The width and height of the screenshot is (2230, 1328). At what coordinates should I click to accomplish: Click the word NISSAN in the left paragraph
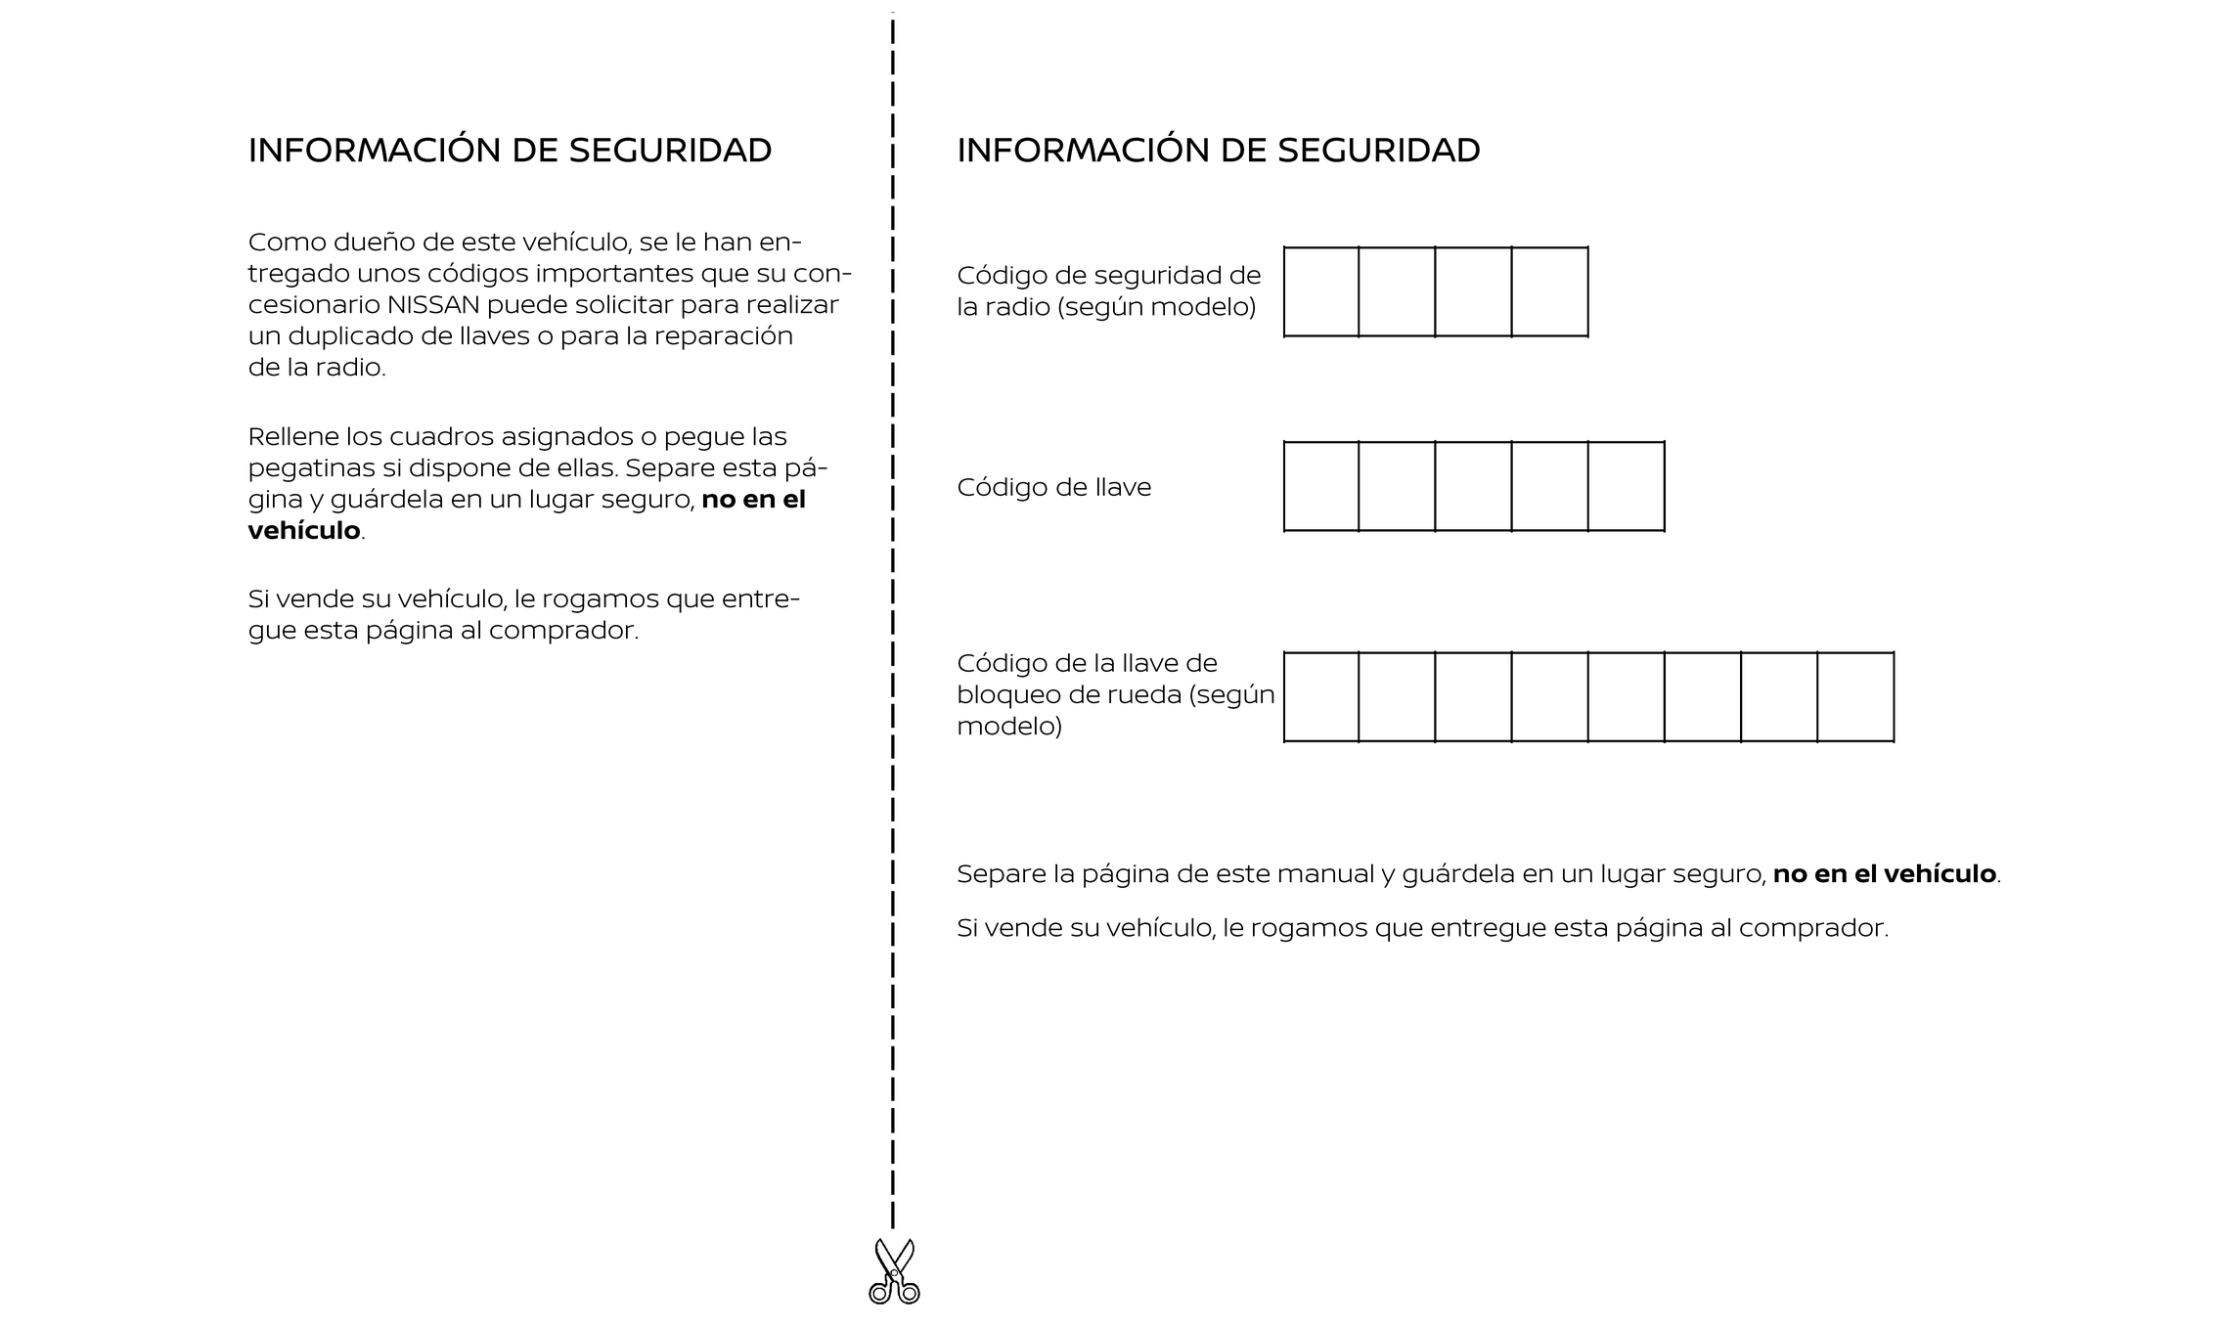tap(433, 305)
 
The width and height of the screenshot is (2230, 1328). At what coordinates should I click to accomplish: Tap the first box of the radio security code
tap(1321, 291)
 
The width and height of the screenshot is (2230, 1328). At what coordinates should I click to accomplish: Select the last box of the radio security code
tap(1549, 291)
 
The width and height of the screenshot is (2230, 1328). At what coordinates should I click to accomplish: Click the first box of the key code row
tap(1321, 486)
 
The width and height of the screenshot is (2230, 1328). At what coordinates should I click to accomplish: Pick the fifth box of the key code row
tap(1626, 486)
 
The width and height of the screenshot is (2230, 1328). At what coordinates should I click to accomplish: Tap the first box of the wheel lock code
tap(1321, 696)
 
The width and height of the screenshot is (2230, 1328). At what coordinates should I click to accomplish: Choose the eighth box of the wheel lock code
tap(1855, 696)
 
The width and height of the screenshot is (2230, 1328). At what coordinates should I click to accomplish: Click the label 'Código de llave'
tap(1053, 487)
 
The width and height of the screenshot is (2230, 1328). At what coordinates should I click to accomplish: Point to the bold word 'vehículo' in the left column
tap(304, 531)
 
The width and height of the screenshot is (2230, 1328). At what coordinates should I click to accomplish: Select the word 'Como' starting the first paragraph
tap(283, 243)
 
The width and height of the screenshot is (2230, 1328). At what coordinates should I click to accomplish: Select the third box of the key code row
tap(1473, 486)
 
